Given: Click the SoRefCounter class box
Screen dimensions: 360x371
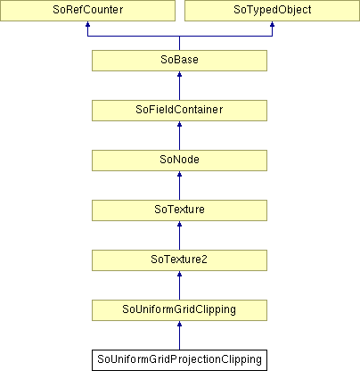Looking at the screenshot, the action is point(87,11).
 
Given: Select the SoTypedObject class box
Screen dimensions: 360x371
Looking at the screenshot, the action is point(272,11).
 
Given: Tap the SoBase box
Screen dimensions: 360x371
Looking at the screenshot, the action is point(179,61).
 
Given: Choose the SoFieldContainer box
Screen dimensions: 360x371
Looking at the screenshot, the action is point(179,111).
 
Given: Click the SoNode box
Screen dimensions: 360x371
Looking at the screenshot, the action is point(179,161).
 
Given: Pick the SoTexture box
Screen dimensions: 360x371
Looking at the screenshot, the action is point(179,210).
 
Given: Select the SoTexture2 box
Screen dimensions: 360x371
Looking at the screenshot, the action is point(179,260).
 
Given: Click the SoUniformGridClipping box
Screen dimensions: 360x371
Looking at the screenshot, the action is point(179,310).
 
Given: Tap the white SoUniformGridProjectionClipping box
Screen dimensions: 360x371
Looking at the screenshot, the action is point(179,360).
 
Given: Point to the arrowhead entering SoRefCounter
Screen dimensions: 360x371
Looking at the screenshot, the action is point(87,24).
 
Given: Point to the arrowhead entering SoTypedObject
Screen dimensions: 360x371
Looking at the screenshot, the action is point(272,24).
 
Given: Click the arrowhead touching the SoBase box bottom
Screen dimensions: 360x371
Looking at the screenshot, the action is point(179,74).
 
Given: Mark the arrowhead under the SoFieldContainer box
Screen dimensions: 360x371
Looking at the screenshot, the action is point(179,124).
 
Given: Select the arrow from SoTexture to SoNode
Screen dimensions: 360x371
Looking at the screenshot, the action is point(179,185).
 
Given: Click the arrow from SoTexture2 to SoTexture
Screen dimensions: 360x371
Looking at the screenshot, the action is point(179,235).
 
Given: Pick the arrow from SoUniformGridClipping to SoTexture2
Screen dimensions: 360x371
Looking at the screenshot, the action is point(179,285).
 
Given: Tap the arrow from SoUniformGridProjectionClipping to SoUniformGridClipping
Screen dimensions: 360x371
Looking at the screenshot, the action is point(179,335).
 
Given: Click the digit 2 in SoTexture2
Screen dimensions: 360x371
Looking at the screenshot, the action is point(204,260).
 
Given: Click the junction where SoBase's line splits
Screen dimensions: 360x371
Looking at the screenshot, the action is point(179,37).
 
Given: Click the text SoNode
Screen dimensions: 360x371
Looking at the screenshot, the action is point(179,160).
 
